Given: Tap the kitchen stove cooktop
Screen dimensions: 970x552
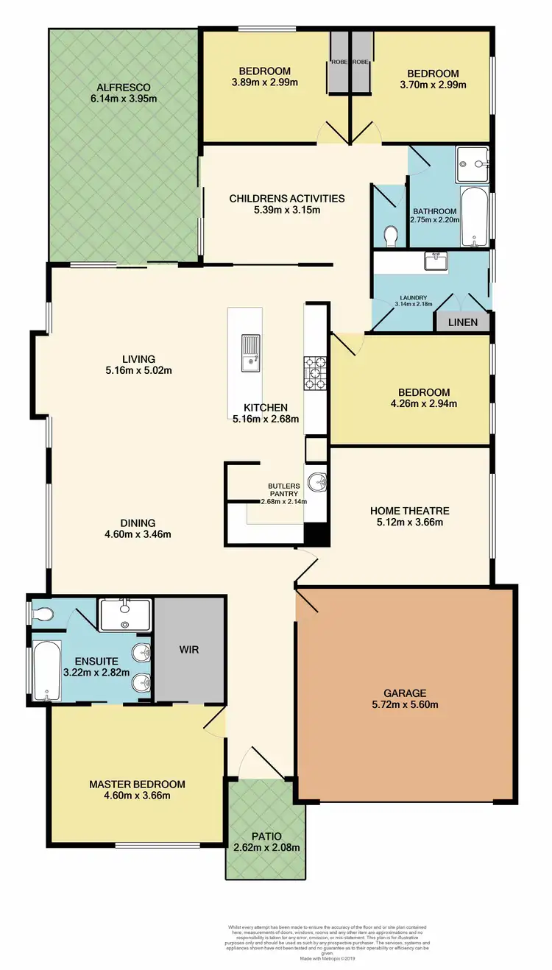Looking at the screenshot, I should coord(316,372).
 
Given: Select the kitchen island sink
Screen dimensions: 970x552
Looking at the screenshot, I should coord(250,350).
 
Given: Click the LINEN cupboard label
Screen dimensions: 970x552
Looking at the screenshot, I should coord(463,322).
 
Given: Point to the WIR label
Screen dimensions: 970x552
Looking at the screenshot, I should coord(189,650).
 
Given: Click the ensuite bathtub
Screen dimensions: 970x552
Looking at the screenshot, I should coord(46,670).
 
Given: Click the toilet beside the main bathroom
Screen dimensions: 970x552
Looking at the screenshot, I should coord(391,235).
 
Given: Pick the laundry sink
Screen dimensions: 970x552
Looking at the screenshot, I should coord(437,261).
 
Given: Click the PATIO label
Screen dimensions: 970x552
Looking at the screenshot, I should coord(266,836).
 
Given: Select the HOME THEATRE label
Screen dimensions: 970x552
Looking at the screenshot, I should coord(409,511).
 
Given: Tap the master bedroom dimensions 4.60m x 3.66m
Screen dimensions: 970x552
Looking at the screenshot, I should coord(137,796).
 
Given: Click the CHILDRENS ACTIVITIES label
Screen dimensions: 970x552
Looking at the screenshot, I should coord(286,198).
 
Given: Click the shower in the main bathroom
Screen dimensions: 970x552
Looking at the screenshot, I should coord(472,157).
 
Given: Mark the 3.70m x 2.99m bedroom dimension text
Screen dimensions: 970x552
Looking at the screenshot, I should coord(433,85).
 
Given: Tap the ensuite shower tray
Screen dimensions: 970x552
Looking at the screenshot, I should coord(124,615).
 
